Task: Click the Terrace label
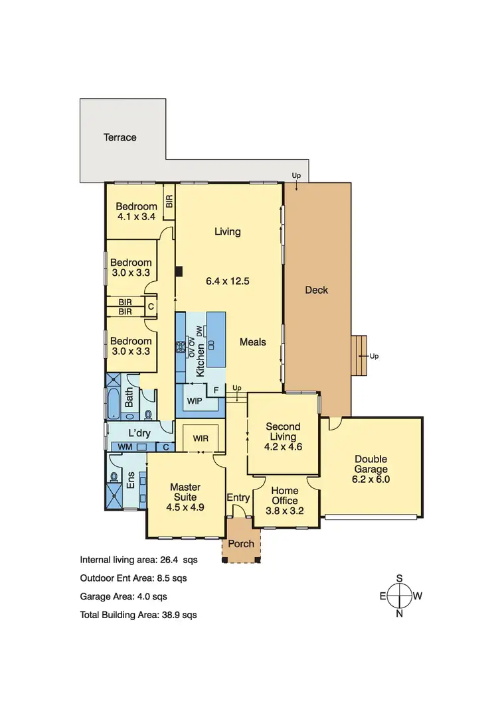(120, 137)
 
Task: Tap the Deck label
(316, 290)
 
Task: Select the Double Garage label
(371, 464)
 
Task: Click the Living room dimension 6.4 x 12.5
(227, 281)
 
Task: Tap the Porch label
(240, 543)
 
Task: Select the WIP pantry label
(195, 401)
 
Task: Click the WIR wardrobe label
(201, 438)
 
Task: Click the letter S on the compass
(400, 578)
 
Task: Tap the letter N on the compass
(400, 613)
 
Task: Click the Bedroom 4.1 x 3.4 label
(137, 211)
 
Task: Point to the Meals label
(252, 342)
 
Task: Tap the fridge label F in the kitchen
(216, 390)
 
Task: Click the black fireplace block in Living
(179, 271)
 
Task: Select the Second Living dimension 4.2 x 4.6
(283, 446)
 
